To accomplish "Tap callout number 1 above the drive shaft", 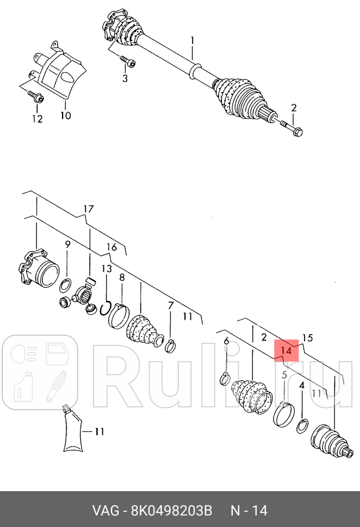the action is click(x=192, y=41).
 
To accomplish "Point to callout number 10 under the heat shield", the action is click(x=66, y=116).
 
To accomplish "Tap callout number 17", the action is click(x=88, y=209).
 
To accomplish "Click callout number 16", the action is click(x=111, y=247).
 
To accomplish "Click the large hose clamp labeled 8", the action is click(x=119, y=316).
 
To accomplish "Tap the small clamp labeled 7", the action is click(x=170, y=347).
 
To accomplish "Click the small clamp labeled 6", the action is click(x=225, y=379).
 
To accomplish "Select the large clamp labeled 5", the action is click(x=283, y=414).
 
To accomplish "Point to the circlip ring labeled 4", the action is click(x=302, y=426).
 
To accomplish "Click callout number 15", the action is click(x=307, y=338).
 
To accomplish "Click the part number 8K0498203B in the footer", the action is click(x=171, y=511).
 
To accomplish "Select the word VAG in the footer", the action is click(x=105, y=511).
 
